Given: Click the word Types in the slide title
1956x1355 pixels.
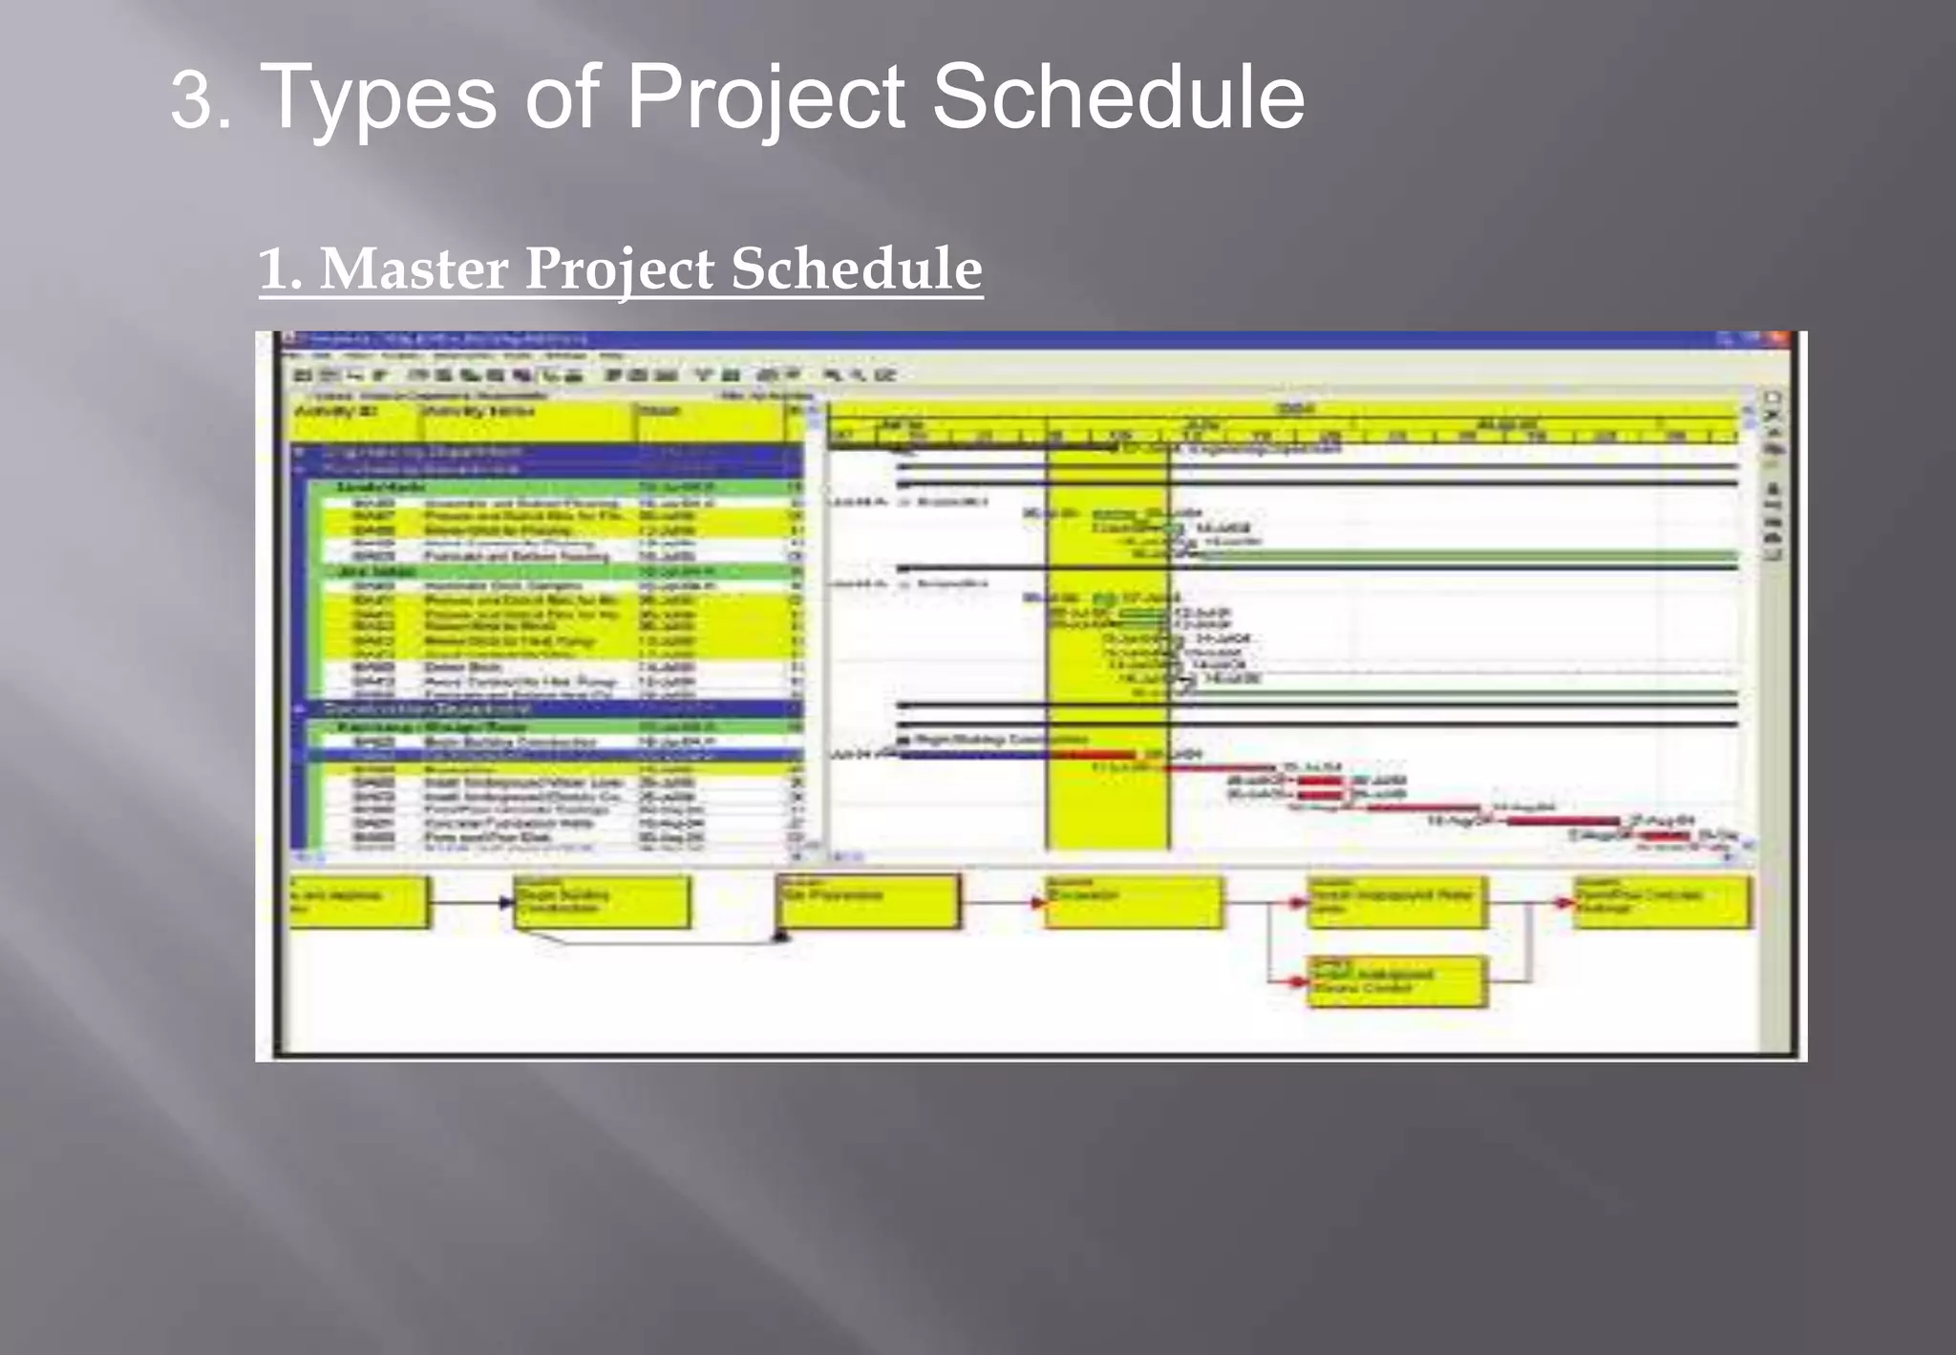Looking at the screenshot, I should (x=378, y=97).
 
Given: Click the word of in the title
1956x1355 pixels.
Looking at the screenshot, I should (x=562, y=97).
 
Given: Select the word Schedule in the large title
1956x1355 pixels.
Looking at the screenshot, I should (x=1117, y=97).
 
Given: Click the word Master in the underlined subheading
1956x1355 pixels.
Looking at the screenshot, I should (x=412, y=269).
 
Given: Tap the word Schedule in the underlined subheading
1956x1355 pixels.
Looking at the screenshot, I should (x=857, y=269).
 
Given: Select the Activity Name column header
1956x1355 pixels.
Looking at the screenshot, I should (x=478, y=412).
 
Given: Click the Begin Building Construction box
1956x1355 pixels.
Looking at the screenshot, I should (x=601, y=901).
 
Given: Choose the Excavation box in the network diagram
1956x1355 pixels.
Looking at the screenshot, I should (x=1133, y=900).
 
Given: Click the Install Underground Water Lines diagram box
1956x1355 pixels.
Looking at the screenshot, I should (x=1396, y=901).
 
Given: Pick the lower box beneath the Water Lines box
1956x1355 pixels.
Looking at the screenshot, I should (x=1396, y=980).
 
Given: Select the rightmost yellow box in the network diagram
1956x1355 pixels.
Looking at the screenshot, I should (x=1662, y=901).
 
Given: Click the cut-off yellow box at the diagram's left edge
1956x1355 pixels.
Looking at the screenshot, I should (x=357, y=901).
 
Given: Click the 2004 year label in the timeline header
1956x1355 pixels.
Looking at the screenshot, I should (x=1295, y=410).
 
